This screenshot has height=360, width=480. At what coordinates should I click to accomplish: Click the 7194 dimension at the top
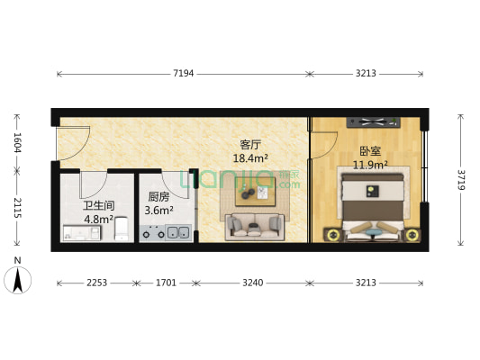tap(184, 73)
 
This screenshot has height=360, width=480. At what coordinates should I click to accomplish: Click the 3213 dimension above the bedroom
tap(367, 73)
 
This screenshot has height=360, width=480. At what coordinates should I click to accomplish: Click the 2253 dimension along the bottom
tap(96, 283)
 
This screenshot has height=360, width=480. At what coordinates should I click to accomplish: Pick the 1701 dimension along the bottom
tap(164, 283)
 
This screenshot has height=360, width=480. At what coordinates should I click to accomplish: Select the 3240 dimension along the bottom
tap(253, 283)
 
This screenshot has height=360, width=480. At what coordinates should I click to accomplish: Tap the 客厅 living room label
tap(250, 144)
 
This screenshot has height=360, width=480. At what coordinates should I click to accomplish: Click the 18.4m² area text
tap(251, 158)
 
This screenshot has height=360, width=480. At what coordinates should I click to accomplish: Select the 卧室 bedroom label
tap(368, 151)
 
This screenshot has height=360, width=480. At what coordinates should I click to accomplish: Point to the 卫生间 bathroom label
tap(98, 203)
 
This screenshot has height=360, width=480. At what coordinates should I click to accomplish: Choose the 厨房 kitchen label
tap(158, 198)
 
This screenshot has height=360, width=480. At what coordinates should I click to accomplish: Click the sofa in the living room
tap(255, 227)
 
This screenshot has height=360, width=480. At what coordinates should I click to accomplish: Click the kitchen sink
tap(178, 234)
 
